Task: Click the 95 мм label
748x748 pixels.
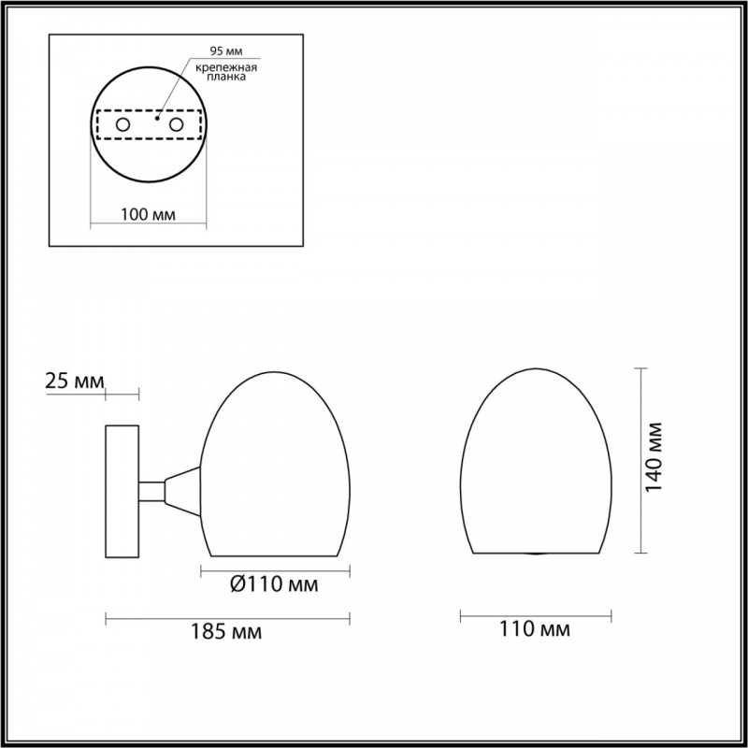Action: (x=226, y=50)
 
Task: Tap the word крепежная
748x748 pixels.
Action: (x=226, y=67)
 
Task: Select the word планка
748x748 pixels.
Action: (x=226, y=78)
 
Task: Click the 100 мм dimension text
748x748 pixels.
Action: (x=149, y=215)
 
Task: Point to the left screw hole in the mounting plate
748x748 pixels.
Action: (x=122, y=125)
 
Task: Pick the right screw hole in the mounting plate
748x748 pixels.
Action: (x=176, y=125)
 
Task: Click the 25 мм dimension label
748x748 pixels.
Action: (x=75, y=381)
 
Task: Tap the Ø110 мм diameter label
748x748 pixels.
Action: (x=274, y=583)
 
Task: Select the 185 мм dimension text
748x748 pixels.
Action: (x=226, y=632)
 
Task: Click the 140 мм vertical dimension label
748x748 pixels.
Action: (x=654, y=457)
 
